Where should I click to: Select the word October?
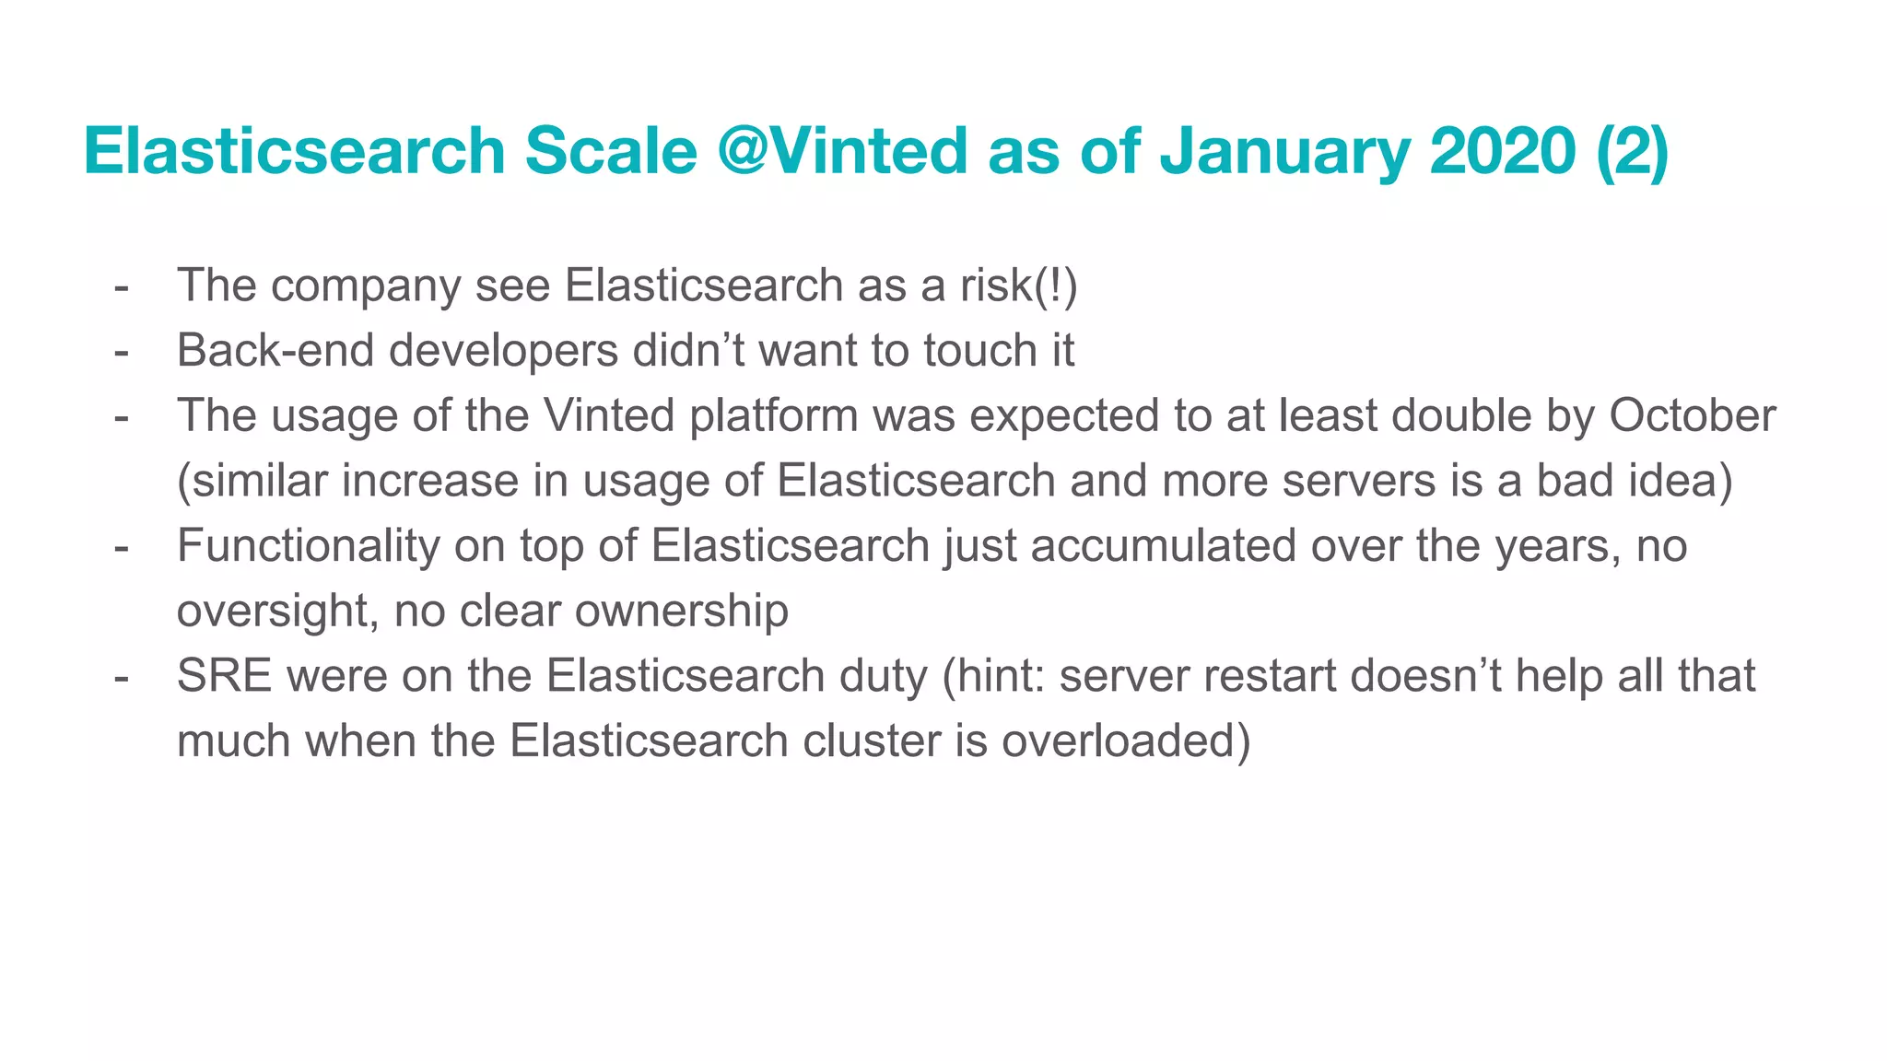tap(1692, 416)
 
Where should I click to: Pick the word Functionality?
tap(308, 546)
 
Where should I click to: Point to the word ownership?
tap(681, 612)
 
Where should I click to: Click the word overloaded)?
tap(1126, 741)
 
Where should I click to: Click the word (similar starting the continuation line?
tap(252, 482)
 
